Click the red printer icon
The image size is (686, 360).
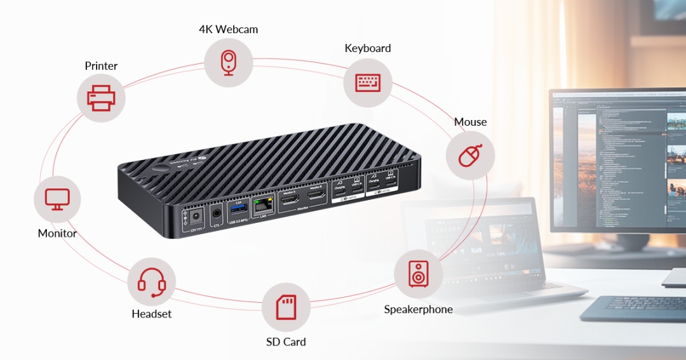click(x=101, y=98)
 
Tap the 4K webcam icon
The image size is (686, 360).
click(x=228, y=63)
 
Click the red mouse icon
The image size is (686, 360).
click(x=470, y=156)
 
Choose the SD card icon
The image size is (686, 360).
click(x=286, y=307)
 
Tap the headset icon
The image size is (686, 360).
click(x=152, y=282)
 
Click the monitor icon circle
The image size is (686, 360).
click(x=57, y=199)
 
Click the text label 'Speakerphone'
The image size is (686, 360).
click(x=418, y=309)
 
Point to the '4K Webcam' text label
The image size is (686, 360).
click(x=228, y=29)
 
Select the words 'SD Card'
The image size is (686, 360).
click(x=286, y=342)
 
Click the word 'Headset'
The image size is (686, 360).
click(x=152, y=314)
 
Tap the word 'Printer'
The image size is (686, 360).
click(x=101, y=66)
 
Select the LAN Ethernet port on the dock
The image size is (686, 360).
click(x=262, y=206)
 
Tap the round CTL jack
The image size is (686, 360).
click(x=218, y=214)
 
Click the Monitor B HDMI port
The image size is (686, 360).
click(x=316, y=196)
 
